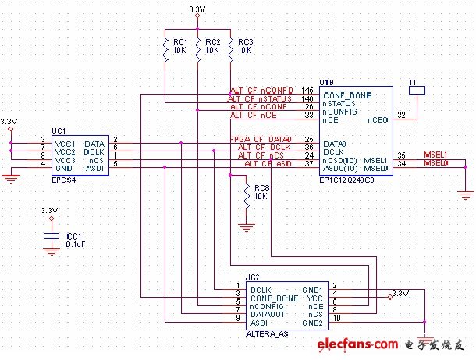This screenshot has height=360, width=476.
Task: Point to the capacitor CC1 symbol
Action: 50,236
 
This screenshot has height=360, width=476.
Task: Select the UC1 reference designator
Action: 59,130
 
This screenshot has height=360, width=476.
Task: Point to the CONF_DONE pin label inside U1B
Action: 347,94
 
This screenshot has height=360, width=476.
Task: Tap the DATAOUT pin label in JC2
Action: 268,313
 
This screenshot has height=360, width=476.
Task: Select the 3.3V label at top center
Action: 198,9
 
